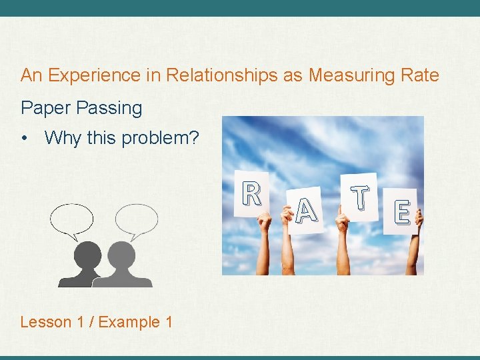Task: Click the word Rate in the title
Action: tap(420, 75)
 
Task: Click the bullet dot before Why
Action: tap(25, 139)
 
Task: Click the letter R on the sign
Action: tap(251, 194)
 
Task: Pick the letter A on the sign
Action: tap(305, 211)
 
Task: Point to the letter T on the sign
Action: tap(360, 197)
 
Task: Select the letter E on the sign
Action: tap(401, 212)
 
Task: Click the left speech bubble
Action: tap(72, 219)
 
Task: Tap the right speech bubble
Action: tap(136, 219)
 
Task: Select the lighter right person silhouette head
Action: tap(121, 255)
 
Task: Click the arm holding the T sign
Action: tap(343, 250)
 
